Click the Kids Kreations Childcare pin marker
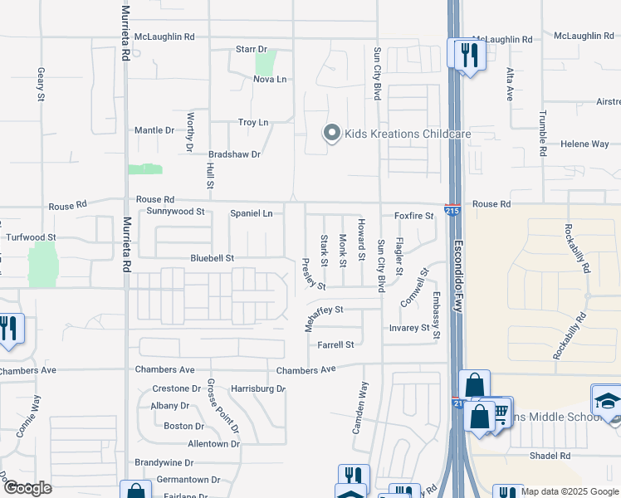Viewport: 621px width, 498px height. pos(331,134)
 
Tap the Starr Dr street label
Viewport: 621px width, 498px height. pos(252,50)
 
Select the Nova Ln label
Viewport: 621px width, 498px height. pos(270,80)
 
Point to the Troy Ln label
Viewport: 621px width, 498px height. pos(253,122)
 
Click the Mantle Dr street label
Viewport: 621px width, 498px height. pos(154,131)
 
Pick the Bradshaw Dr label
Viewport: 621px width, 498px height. pos(234,154)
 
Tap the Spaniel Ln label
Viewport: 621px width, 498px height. pos(251,213)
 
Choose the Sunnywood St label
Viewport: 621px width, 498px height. pos(175,212)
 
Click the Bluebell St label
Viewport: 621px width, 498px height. pos(212,258)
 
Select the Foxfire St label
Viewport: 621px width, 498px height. pos(413,216)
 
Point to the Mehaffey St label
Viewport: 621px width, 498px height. pos(323,310)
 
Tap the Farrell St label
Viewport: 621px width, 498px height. pos(335,344)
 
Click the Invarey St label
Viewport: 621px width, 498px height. pos(409,328)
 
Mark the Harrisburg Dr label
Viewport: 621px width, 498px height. pos(257,388)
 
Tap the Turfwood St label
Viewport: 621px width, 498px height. pos(30,237)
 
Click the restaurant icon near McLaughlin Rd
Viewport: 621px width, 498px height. pos(469,55)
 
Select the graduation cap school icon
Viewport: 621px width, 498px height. pos(607,400)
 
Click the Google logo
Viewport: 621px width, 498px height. pos(27,488)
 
